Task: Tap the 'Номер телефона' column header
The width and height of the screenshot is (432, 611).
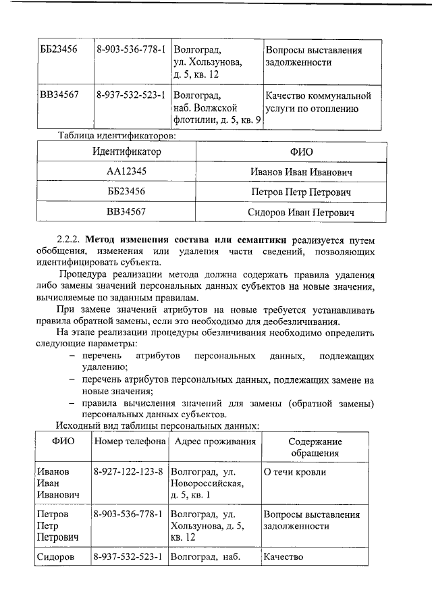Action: point(130,442)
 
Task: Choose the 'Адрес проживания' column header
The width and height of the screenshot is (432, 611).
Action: point(215,442)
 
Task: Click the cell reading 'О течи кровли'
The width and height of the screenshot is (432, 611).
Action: point(294,472)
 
